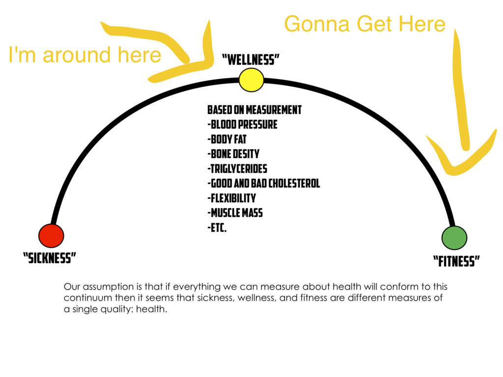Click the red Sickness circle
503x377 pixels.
pos(51,236)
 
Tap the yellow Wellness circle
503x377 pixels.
pos(251,80)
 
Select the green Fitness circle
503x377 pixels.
pos(454,238)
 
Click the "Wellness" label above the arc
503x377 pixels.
pos(251,59)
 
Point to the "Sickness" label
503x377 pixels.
pos(50,258)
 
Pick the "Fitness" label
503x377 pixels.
pos(456,261)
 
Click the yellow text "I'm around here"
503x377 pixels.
pos(85,54)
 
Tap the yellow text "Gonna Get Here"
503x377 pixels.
pos(365,24)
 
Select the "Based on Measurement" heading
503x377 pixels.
pos(254,110)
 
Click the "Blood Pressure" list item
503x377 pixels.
pos(242,125)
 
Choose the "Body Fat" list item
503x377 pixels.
pos(227,139)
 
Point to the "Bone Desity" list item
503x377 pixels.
pos(233,154)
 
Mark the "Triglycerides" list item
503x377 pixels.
pos(237,169)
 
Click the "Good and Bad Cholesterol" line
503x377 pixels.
pos(264,184)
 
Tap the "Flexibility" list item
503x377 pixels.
pos(232,198)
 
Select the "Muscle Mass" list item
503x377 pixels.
pos(235,213)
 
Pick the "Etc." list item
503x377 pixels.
pos(217,228)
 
